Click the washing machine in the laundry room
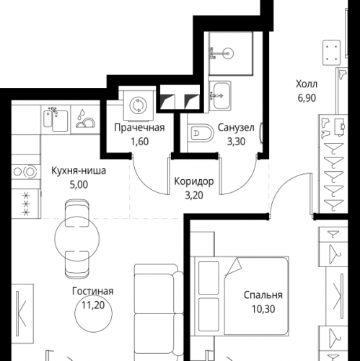[x=139, y=105]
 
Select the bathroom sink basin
[x=221, y=95]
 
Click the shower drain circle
[x=227, y=53]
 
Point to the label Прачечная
[x=139, y=128]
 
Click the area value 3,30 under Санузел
[x=236, y=142]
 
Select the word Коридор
[x=194, y=182]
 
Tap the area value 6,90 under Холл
[x=307, y=98]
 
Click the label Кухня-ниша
[x=79, y=171]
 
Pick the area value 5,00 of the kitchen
[x=79, y=185]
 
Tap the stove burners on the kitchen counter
[x=25, y=172]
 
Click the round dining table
[x=77, y=238]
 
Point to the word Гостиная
[x=93, y=291]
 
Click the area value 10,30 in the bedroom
[x=263, y=309]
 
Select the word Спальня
[x=263, y=295]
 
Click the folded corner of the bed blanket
[x=234, y=266]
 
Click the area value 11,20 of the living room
[x=93, y=305]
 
